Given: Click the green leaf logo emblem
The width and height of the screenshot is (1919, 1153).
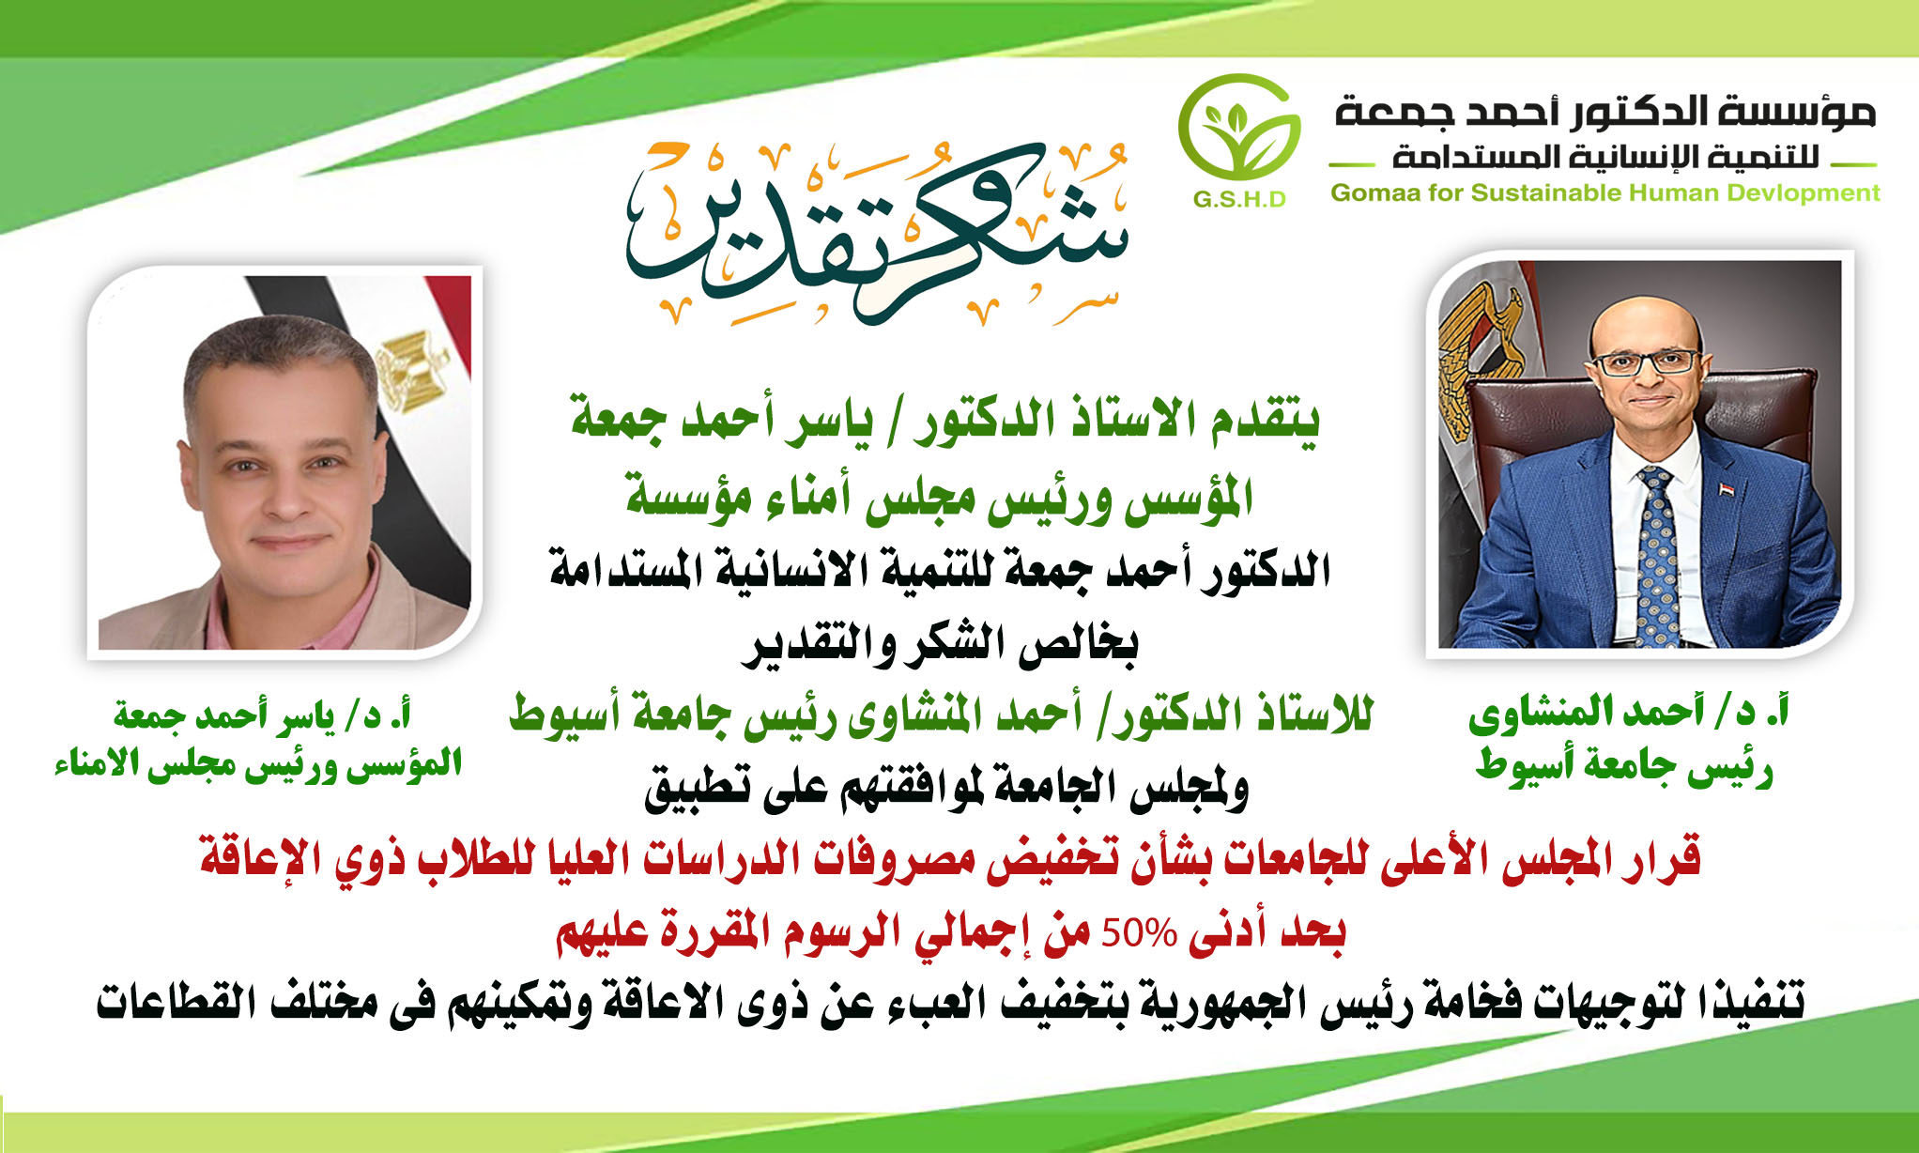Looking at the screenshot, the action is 1239,128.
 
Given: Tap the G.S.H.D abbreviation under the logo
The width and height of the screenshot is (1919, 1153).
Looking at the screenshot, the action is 1239,199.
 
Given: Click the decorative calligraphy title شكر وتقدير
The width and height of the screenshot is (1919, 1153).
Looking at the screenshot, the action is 877,233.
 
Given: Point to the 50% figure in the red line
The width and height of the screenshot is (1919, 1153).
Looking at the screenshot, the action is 1139,933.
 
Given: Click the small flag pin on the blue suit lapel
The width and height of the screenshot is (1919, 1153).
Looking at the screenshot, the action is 1726,489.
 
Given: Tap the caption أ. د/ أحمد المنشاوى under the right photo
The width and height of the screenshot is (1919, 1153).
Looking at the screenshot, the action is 1628,713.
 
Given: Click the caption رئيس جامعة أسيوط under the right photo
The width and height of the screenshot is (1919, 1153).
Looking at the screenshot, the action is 1624,766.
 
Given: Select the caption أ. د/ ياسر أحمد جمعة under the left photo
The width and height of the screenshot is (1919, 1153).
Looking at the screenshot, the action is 263,715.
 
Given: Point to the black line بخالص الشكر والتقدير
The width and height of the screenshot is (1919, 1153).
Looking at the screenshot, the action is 942,644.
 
